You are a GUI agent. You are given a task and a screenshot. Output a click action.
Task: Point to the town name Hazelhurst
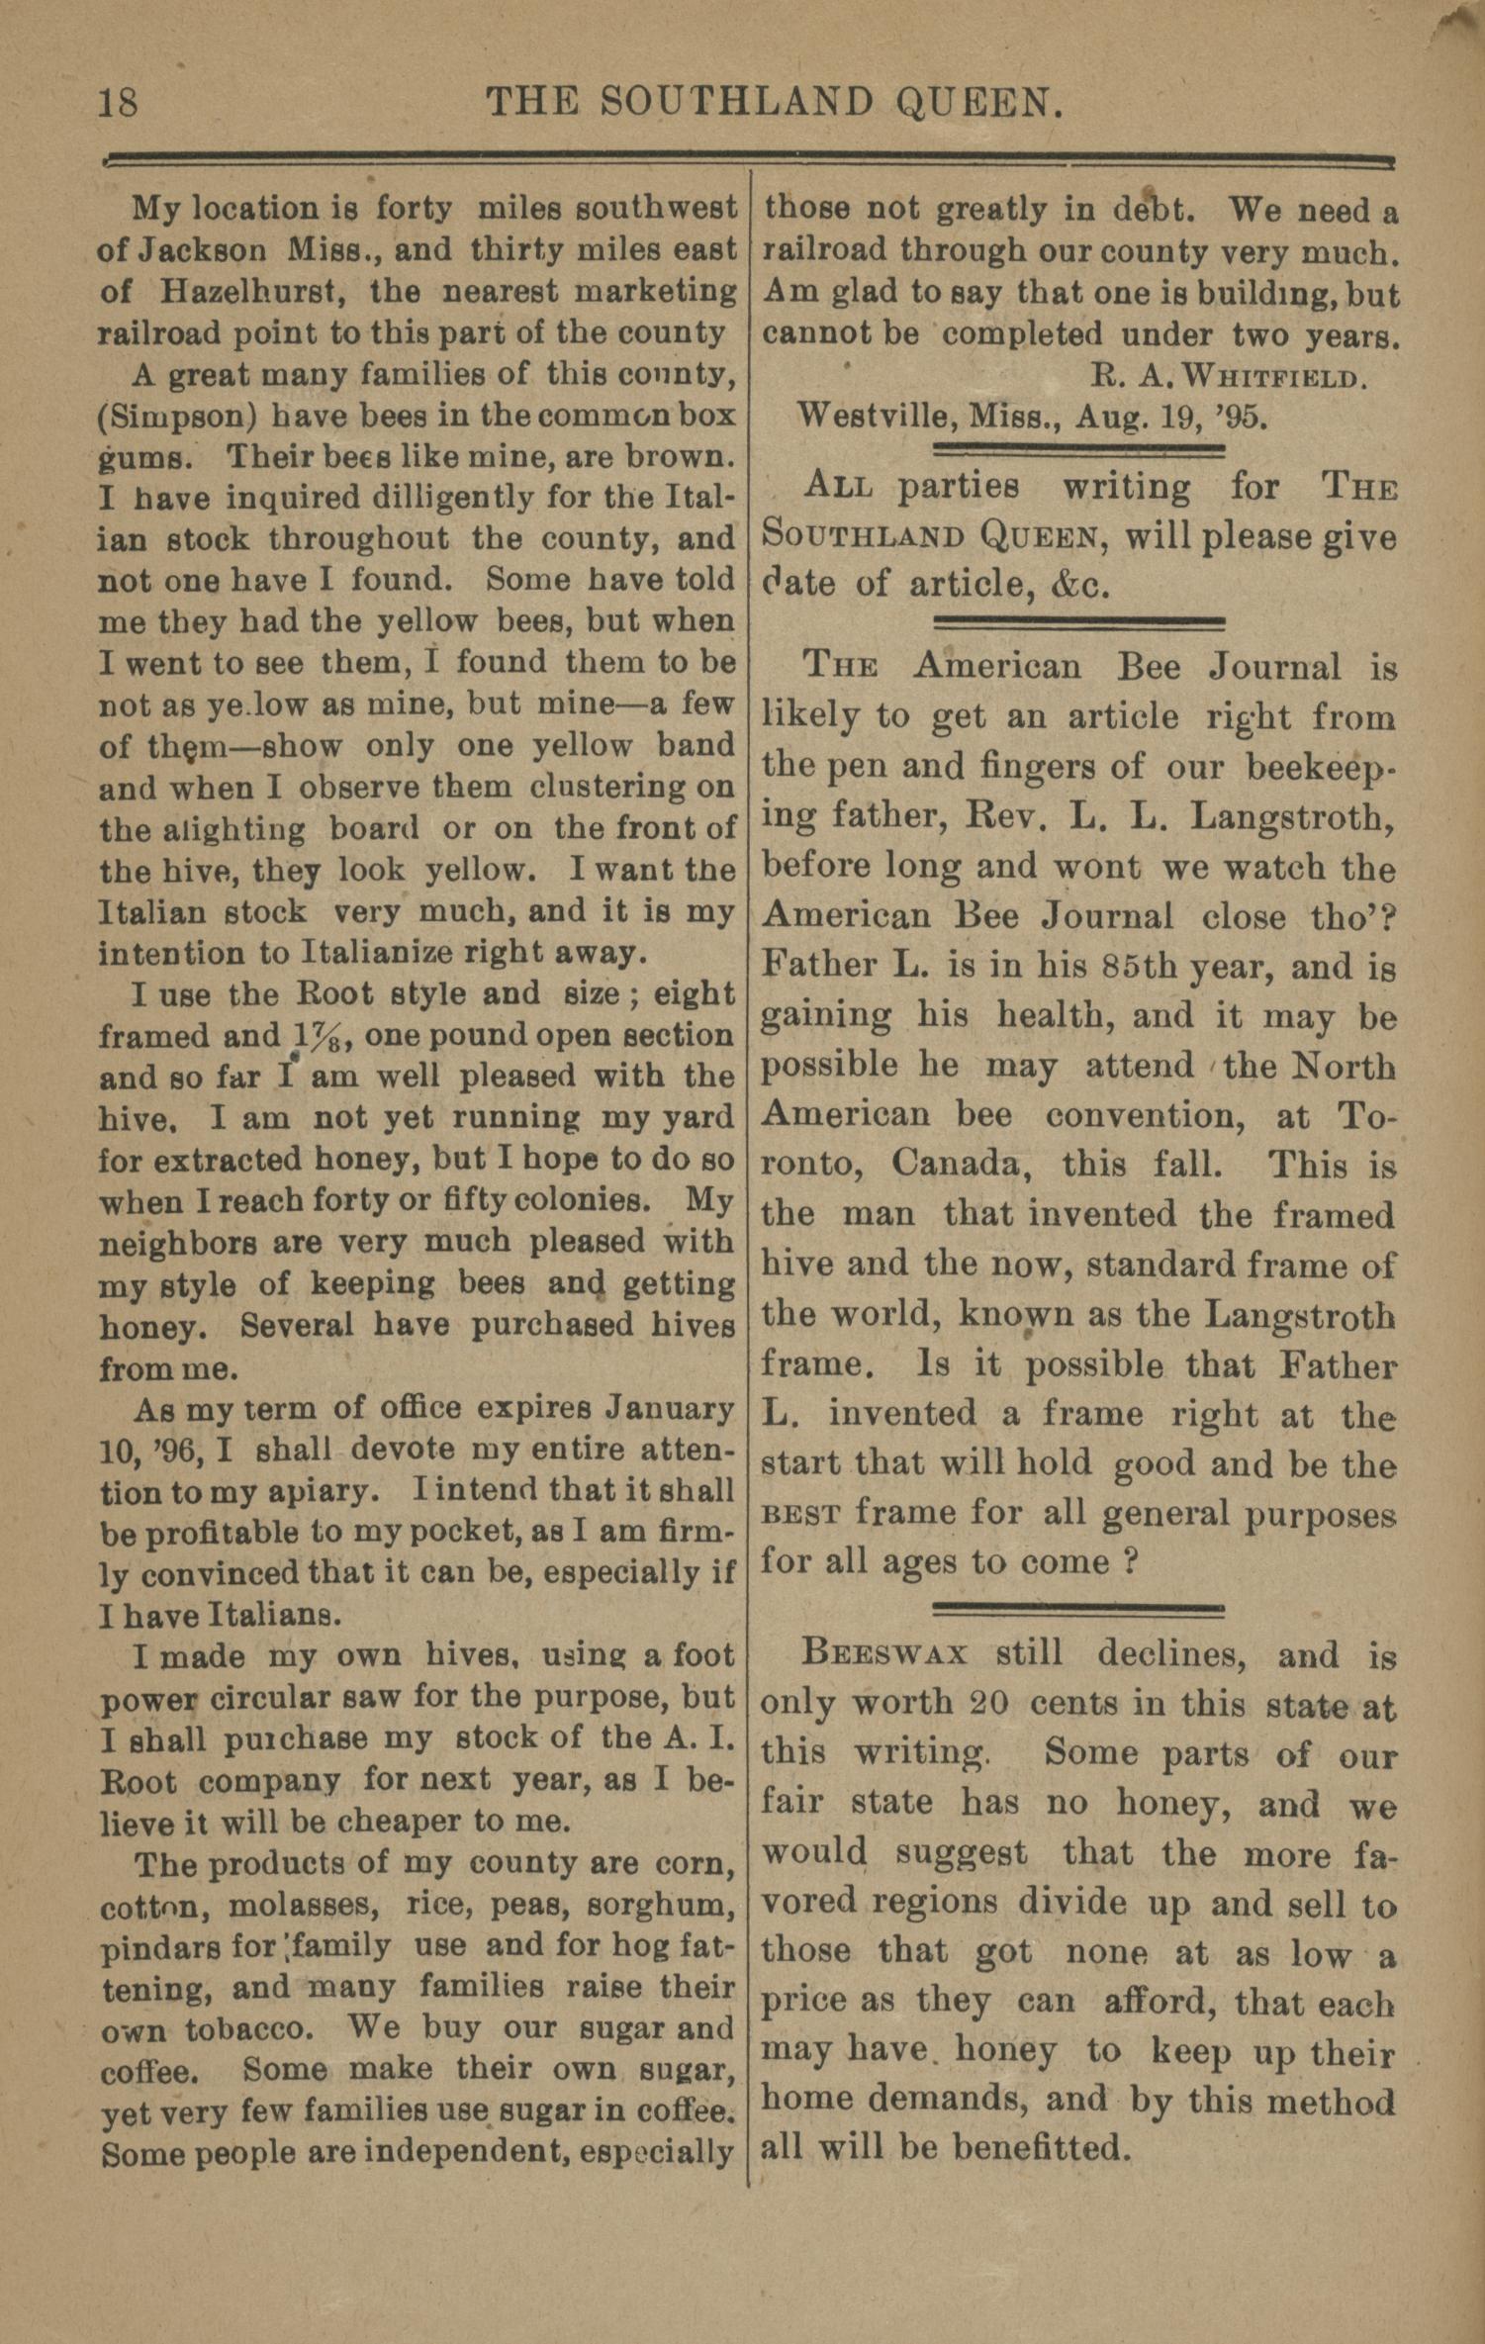pos(246,292)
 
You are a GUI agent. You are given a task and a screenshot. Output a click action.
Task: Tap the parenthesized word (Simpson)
pos(177,417)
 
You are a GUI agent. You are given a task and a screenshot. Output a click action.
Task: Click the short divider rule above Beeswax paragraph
pos(1078,1608)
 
